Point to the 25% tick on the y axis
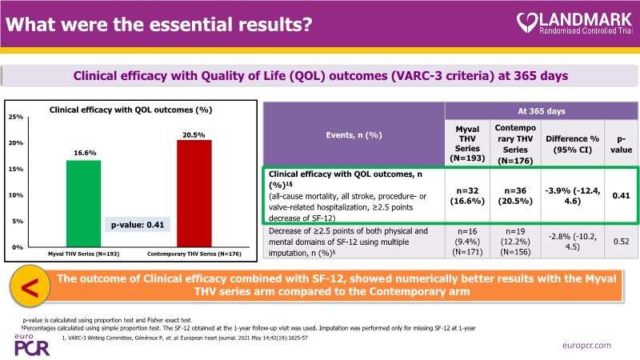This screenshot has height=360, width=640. click(x=16, y=117)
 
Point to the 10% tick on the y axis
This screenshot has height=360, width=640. click(x=16, y=195)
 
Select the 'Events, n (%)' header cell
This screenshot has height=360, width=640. click(x=353, y=137)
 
